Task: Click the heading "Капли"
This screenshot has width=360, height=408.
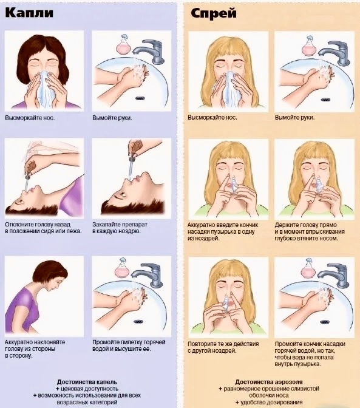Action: tap(29, 12)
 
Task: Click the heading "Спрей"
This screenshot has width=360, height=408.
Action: tap(214, 13)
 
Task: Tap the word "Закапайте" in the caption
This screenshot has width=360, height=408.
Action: tap(106, 224)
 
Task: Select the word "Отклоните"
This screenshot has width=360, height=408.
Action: tap(18, 224)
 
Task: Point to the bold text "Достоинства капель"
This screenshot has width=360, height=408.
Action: tap(87, 382)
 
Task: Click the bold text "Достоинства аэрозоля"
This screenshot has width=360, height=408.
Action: tap(269, 382)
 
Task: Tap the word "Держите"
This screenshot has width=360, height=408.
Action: tap(285, 225)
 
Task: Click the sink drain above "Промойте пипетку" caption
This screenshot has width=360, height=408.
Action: tap(139, 322)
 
